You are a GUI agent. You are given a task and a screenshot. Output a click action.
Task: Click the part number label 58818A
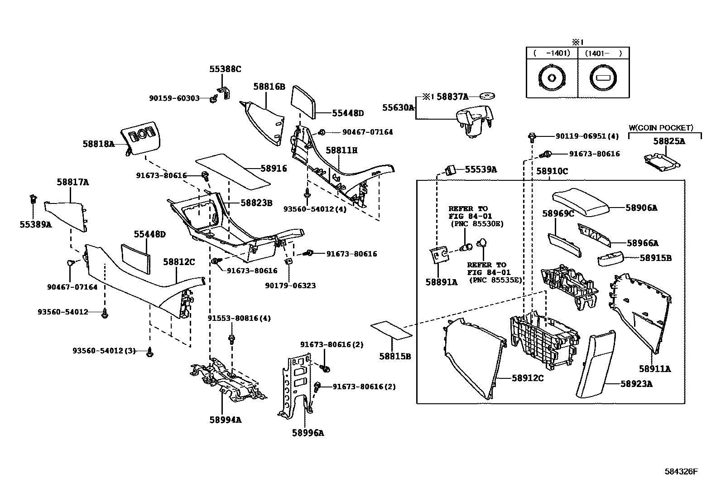(98, 144)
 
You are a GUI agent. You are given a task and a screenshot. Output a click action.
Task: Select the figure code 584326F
(681, 471)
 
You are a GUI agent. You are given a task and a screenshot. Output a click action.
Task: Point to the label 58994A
(225, 420)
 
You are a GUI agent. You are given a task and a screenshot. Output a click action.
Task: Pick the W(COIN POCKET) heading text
(661, 128)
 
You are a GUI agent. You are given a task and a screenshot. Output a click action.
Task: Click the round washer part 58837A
(487, 96)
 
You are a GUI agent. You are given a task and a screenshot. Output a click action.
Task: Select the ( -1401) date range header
(552, 53)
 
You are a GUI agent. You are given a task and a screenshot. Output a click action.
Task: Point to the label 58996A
(308, 433)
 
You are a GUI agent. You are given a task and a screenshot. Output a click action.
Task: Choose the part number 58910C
(552, 171)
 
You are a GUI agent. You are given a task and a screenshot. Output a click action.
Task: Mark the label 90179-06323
(290, 285)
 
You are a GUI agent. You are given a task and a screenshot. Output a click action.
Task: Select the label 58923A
(636, 384)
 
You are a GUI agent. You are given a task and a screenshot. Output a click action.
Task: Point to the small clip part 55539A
(450, 170)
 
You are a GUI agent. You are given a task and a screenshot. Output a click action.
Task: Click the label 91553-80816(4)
(239, 318)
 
